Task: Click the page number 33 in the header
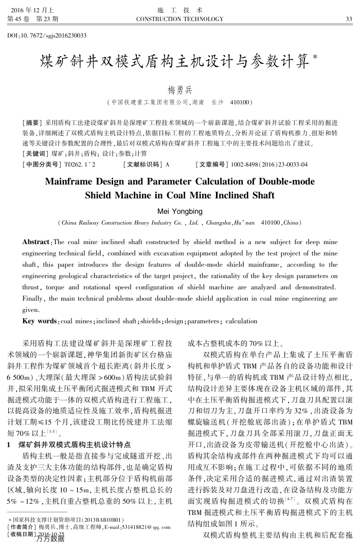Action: point(348,19)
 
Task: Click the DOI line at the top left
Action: point(47,35)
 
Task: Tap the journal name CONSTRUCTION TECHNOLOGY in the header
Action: point(179,19)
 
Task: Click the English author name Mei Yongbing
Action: point(179,211)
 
